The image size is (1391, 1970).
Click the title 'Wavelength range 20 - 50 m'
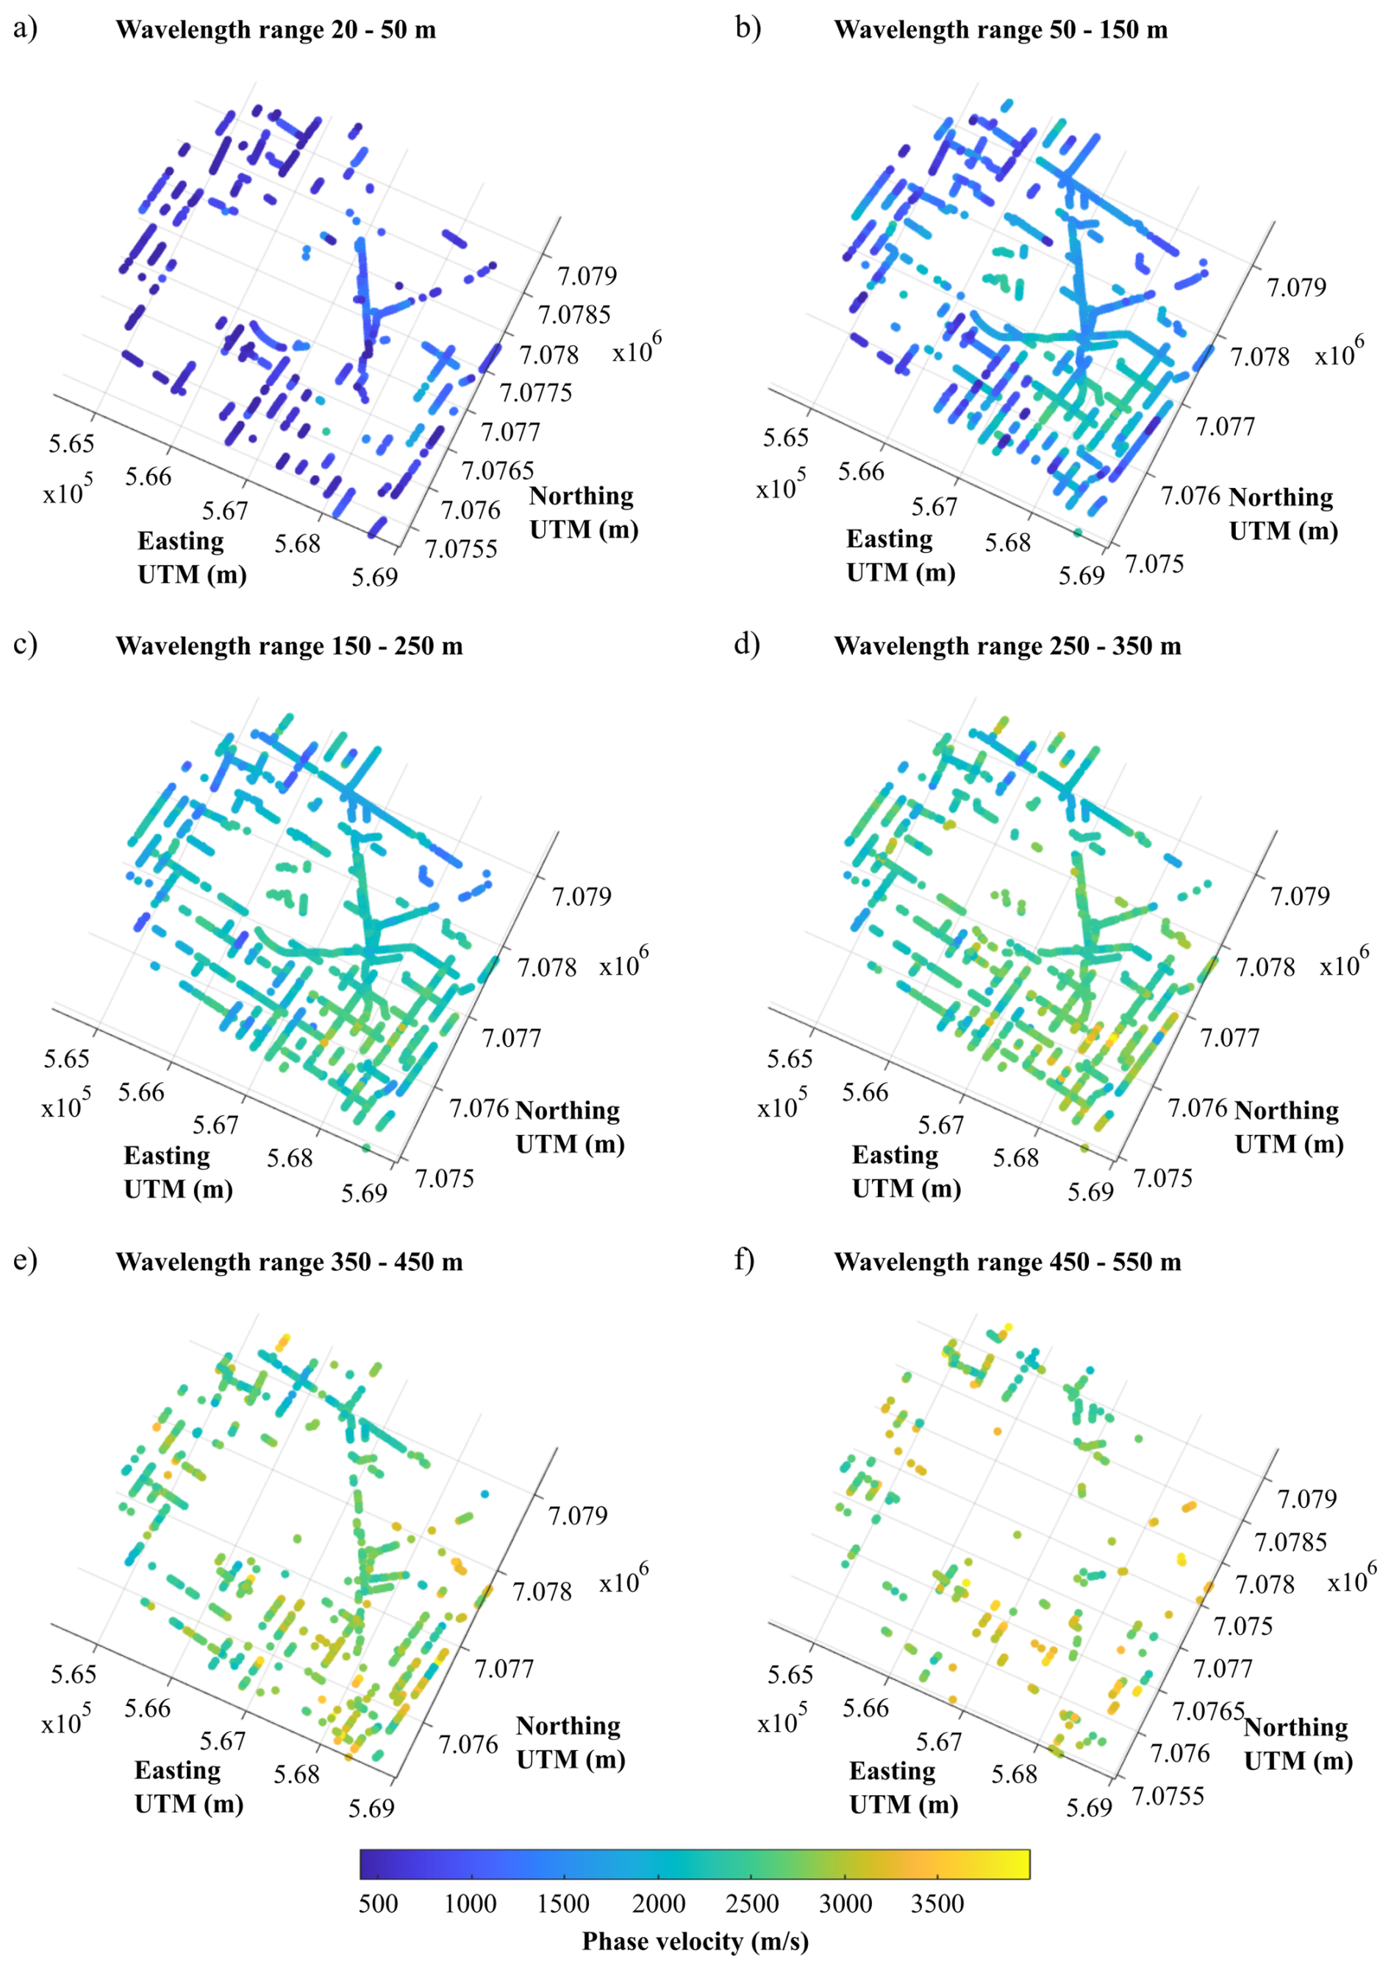click(276, 30)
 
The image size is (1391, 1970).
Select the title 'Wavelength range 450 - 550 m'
click(1006, 1262)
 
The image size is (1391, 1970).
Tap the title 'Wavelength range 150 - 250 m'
click(289, 646)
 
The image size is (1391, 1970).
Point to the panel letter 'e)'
click(25, 1261)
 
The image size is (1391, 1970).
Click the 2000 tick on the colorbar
click(658, 1904)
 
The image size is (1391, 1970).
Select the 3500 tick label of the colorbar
click(937, 1904)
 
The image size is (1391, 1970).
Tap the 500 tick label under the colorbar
click(378, 1904)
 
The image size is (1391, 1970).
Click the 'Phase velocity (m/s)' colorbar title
click(695, 1941)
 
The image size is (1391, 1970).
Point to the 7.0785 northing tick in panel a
click(574, 315)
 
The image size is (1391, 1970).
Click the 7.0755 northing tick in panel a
click(461, 548)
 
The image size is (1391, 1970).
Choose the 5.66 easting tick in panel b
click(861, 472)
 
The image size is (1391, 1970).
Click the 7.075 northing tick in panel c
click(445, 1178)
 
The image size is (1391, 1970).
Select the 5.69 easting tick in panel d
click(1090, 1192)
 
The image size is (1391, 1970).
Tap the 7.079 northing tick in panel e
click(578, 1515)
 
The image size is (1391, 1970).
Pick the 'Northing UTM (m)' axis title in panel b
click(1283, 514)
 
